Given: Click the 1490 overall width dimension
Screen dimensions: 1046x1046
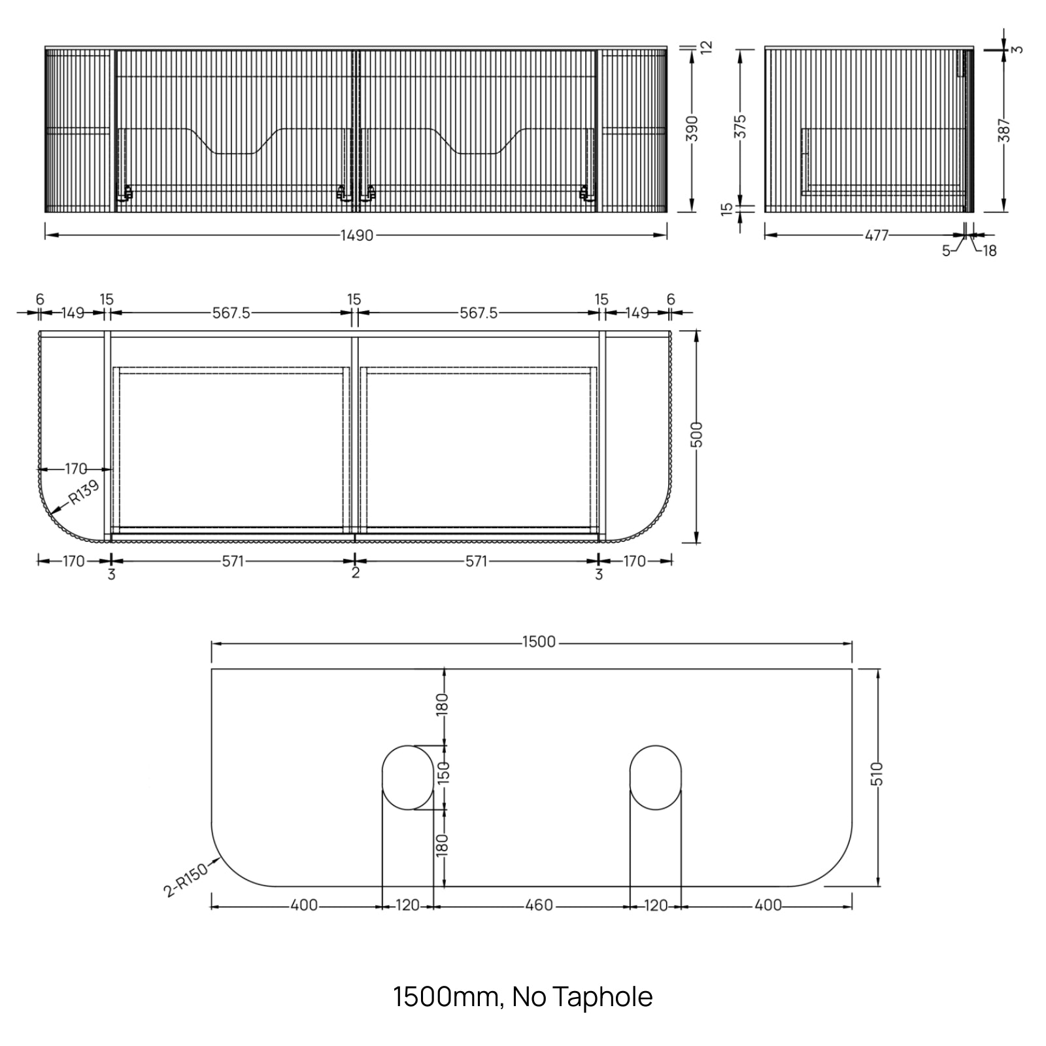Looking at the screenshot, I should (357, 235).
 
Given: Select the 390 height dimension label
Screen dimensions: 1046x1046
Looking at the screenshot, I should (693, 129).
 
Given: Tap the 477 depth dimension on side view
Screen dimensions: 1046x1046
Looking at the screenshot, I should (877, 235).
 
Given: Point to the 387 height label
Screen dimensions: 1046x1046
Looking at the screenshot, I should (1005, 131).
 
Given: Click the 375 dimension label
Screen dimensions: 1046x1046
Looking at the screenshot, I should (740, 126).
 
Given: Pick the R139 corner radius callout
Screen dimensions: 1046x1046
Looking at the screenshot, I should (83, 494).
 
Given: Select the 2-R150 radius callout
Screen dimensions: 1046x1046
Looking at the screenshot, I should (186, 879).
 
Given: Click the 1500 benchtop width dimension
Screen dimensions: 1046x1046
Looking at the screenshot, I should (539, 642).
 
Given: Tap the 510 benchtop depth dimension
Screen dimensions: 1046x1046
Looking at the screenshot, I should (877, 773).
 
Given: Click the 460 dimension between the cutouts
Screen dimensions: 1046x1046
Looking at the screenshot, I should (539, 905).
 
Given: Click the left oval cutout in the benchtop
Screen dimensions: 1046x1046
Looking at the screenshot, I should (407, 777).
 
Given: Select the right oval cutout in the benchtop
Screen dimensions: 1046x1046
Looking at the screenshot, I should (655, 777).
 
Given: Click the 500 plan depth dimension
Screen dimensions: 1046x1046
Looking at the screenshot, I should (697, 434).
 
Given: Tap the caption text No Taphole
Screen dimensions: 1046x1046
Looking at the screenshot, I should (582, 997).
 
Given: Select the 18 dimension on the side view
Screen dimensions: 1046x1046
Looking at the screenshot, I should (989, 250).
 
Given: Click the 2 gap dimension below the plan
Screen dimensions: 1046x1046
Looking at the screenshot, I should (355, 573).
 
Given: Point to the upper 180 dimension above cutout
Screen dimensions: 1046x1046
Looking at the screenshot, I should (443, 705).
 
